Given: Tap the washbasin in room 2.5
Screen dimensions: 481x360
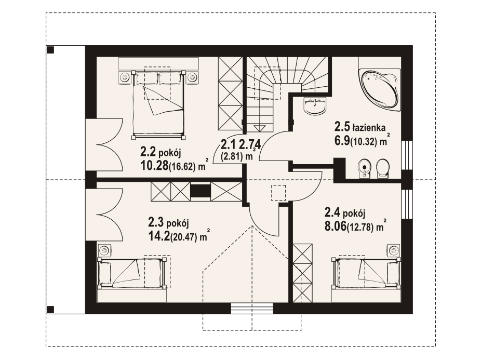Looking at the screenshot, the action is click(x=314, y=106).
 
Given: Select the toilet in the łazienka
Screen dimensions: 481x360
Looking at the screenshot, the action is click(x=382, y=168).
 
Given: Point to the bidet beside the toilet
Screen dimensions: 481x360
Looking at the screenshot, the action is click(x=365, y=168).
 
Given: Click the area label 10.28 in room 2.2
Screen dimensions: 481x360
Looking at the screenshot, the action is click(x=154, y=166).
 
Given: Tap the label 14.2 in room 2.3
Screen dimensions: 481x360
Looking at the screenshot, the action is click(x=159, y=236).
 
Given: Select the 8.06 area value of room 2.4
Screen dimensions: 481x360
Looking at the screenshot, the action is click(x=335, y=227).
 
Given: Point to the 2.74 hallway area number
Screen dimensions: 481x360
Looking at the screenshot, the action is click(x=250, y=143).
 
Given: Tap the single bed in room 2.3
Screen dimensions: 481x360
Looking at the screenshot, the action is click(x=132, y=273).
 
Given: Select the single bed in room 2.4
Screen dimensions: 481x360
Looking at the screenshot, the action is click(x=366, y=273).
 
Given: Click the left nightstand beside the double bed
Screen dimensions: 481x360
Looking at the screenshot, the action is click(x=124, y=77).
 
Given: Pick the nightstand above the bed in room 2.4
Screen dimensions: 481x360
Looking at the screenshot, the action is click(x=394, y=250).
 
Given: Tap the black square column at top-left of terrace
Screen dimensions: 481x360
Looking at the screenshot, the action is click(x=50, y=50).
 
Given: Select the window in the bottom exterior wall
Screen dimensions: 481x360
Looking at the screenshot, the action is click(x=252, y=309).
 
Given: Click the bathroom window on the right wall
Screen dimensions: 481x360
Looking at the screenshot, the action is click(x=407, y=154).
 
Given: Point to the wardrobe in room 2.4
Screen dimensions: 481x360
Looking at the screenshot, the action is click(x=303, y=273).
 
